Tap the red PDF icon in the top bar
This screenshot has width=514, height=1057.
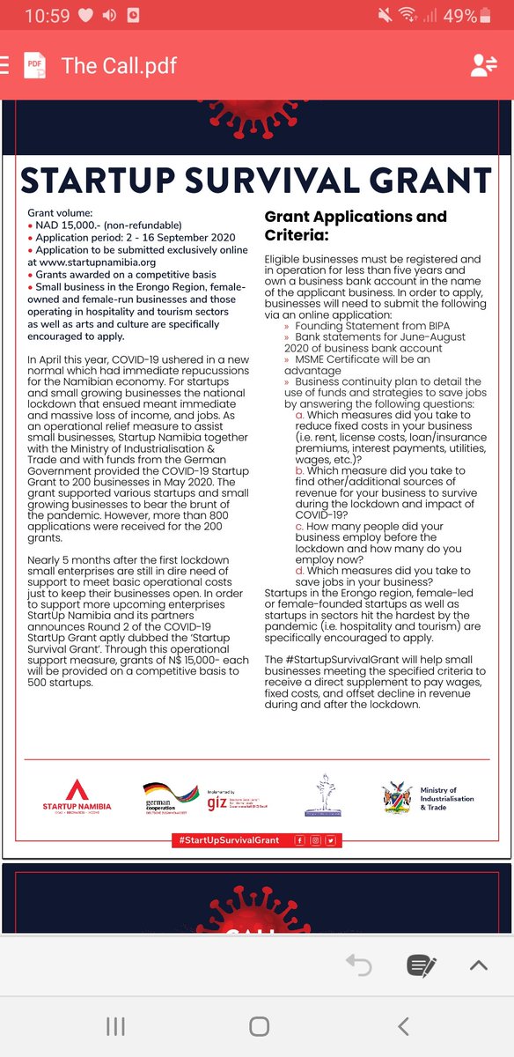34,66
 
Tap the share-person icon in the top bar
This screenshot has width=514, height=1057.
483,66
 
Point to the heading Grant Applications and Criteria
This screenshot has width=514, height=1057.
355,225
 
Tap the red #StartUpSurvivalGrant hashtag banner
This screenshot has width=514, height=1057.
229,840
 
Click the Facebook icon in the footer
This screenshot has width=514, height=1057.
300,840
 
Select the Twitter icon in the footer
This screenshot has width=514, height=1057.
330,840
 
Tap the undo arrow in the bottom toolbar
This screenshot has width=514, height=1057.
358,965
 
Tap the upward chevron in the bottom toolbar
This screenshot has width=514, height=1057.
478,965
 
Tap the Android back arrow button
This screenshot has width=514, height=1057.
403,1025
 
